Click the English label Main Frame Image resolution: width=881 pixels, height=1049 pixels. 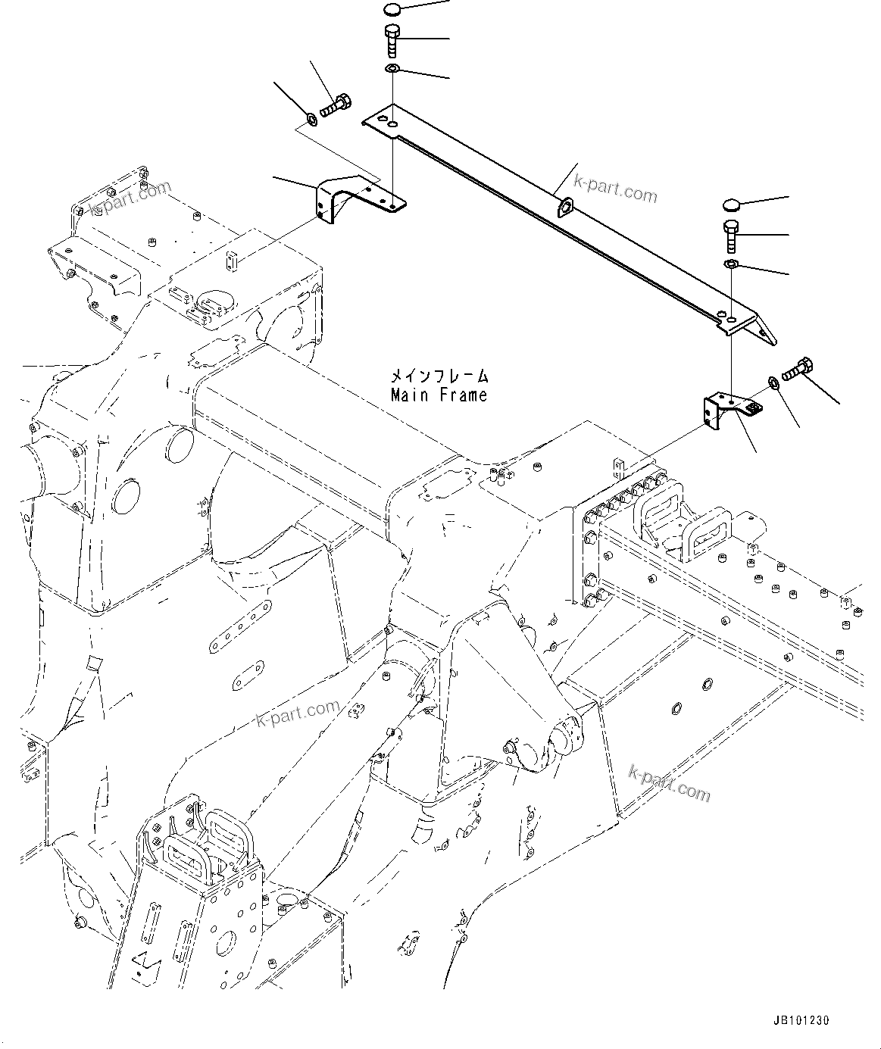click(x=439, y=395)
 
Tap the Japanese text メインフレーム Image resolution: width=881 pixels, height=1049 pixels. click(x=439, y=376)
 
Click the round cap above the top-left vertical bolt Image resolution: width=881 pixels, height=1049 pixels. click(x=392, y=10)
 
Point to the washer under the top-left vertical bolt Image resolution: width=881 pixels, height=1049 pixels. click(x=392, y=70)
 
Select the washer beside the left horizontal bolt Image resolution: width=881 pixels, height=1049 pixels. click(x=311, y=119)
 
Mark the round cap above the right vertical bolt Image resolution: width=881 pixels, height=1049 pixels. click(x=730, y=204)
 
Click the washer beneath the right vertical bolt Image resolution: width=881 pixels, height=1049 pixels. click(x=731, y=264)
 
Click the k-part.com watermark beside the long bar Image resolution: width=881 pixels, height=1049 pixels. click(x=615, y=189)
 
